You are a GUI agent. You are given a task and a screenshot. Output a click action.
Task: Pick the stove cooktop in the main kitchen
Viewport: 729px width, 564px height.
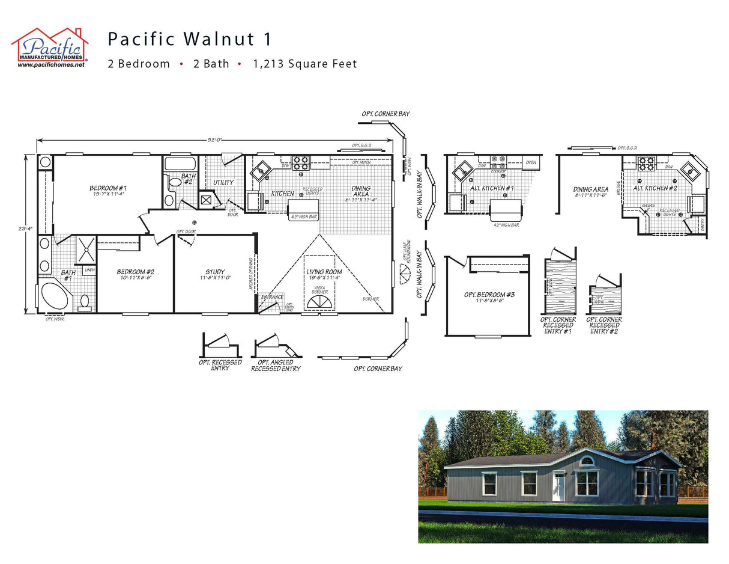coord(300,162)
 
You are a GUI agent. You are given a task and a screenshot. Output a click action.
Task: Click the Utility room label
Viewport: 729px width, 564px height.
coord(223,182)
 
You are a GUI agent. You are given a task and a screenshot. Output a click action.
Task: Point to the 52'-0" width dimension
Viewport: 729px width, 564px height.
coord(215,139)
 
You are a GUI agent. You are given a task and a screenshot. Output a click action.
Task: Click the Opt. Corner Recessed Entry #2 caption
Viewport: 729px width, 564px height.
coord(603,325)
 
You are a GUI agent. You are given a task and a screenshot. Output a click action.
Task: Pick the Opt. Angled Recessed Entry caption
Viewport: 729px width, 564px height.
coord(276,366)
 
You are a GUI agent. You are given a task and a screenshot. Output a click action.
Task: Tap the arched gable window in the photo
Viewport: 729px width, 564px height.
coord(586,461)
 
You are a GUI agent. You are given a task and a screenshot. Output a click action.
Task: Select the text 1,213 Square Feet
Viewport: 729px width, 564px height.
coord(304,64)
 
